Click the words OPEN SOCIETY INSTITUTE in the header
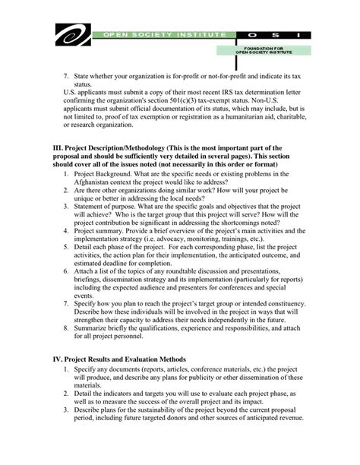coord(159,35)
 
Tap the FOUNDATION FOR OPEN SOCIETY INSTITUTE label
coord(262,52)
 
